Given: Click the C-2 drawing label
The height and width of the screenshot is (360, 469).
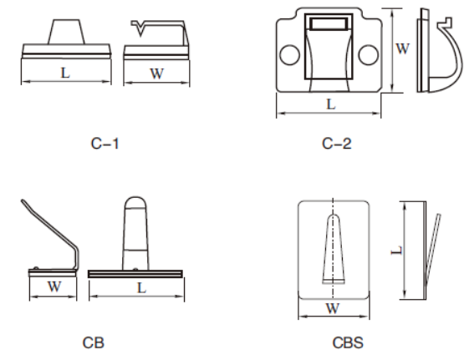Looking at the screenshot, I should click(336, 143).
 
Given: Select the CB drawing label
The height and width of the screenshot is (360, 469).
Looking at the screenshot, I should click(93, 342).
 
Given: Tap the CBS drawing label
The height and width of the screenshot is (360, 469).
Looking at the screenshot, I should click(344, 342).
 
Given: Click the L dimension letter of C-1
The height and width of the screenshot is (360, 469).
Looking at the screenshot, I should click(65, 73).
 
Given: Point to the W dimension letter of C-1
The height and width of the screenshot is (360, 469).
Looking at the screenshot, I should click(155, 73).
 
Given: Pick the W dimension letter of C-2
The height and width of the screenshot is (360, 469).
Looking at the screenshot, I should click(402, 48).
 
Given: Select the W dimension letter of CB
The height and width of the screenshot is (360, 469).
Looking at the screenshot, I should click(53, 288).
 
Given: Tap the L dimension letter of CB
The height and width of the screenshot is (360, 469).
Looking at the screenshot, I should click(142, 288).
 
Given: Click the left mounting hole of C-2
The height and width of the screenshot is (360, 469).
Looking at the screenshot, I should click(289, 55).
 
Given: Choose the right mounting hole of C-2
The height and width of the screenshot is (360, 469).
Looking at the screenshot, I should click(369, 55).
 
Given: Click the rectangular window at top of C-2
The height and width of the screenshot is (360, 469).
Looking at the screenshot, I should click(329, 26).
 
